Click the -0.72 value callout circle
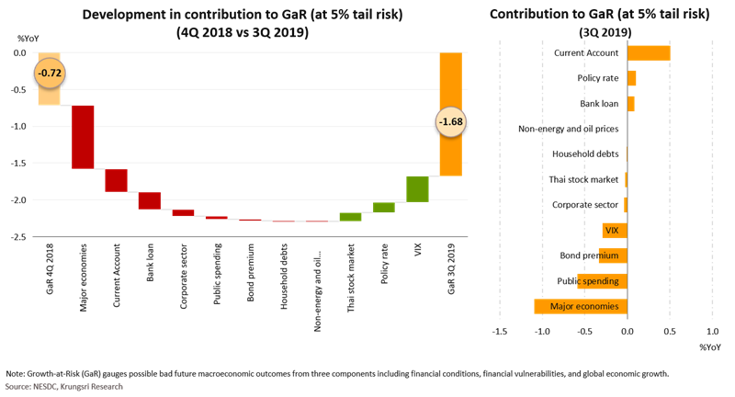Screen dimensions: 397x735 [49, 73]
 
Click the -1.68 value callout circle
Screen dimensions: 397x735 [450, 122]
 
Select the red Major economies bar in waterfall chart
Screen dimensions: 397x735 [83, 137]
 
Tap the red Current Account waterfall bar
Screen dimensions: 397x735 [116, 180]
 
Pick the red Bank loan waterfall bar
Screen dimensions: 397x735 [150, 200]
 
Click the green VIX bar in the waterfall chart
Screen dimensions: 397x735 [417, 188]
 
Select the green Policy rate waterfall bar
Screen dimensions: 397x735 [384, 208]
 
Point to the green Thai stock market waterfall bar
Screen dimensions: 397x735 [350, 217]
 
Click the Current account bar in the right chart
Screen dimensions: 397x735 [649, 52]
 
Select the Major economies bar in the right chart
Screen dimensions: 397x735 [581, 306]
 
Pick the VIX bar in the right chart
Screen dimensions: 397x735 [615, 231]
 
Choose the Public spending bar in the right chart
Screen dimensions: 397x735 [602, 280]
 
